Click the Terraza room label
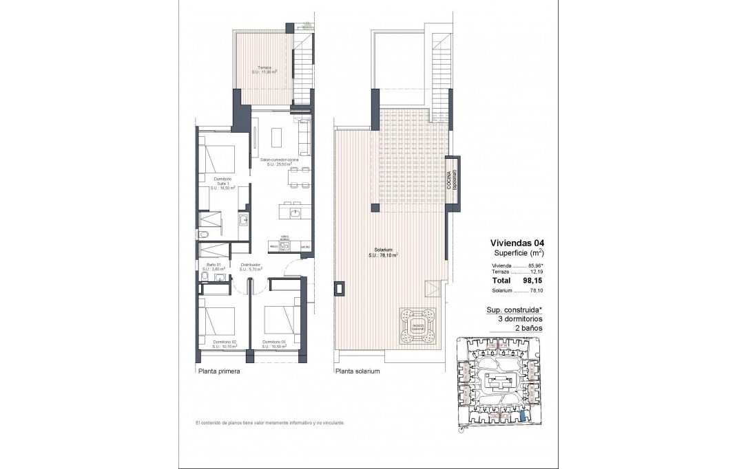264,69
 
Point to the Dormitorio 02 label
225,342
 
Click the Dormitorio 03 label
274,342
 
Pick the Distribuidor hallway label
250,267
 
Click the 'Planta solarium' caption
357,371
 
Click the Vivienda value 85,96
535,265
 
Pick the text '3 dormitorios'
520,319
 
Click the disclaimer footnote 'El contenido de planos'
269,422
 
